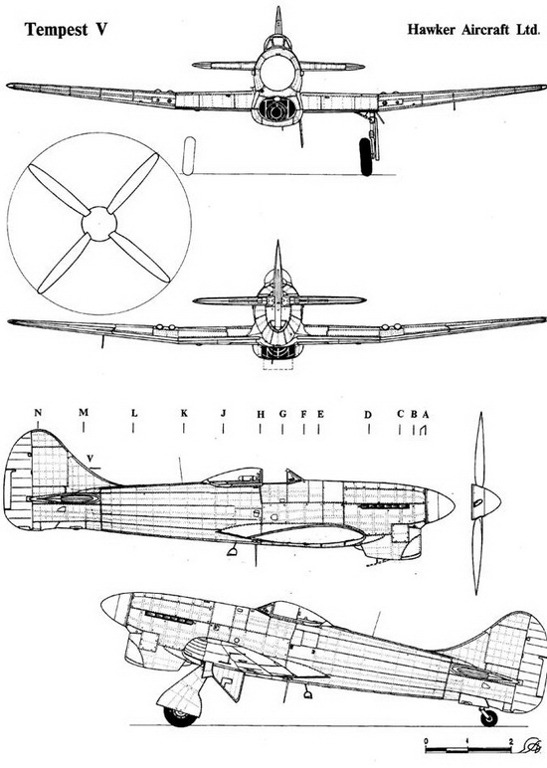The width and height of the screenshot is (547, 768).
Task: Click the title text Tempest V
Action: click(x=66, y=30)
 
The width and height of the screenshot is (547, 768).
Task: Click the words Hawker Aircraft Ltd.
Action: click(x=473, y=30)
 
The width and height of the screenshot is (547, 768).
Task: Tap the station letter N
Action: click(x=38, y=413)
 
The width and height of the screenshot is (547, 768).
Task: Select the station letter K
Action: click(x=184, y=413)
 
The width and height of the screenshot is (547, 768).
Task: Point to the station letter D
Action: click(x=368, y=415)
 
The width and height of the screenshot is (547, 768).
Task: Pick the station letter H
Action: click(x=261, y=415)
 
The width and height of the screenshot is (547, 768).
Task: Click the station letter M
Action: click(x=84, y=413)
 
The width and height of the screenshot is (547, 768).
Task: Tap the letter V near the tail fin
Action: click(x=91, y=458)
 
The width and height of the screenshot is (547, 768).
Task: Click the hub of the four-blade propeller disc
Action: click(x=99, y=224)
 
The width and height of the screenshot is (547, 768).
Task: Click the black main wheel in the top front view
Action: click(x=365, y=156)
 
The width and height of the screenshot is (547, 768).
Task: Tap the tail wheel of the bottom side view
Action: click(x=488, y=717)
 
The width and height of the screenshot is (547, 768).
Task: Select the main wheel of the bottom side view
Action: click(x=180, y=716)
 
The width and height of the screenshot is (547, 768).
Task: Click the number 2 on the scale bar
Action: click(x=511, y=741)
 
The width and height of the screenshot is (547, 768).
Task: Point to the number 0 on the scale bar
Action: click(x=426, y=741)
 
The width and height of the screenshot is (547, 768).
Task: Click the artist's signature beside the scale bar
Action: click(x=531, y=745)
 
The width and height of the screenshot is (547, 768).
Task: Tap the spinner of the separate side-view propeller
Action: click(x=485, y=502)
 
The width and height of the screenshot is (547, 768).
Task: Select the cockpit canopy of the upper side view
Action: click(x=234, y=477)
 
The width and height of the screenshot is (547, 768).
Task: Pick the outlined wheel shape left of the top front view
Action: click(x=189, y=156)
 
